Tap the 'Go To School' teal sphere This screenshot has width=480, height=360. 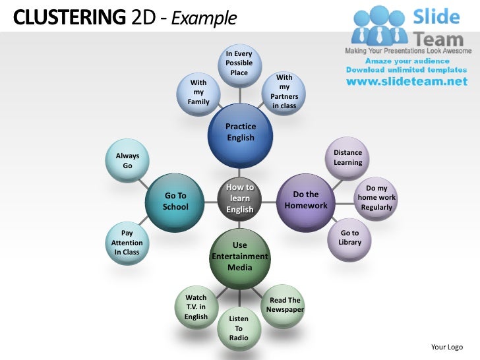coord(176,200)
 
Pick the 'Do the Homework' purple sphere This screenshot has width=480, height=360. coord(305,200)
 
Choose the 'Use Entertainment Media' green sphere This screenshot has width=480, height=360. coord(240,257)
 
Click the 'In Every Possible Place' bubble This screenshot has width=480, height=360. coord(239,63)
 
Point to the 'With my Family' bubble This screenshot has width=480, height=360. coord(198,94)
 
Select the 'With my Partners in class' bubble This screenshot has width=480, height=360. coord(284,92)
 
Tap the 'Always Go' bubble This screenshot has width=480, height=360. coord(127,161)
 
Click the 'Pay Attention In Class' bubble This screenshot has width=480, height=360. coord(127,243)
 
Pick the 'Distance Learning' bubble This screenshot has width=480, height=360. coord(347,158)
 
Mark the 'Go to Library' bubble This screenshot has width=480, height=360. coord(349,238)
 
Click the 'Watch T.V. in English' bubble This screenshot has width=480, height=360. coord(196,307)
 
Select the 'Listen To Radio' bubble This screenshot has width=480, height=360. coord(239,328)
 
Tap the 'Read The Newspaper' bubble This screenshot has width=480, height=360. coord(285,305)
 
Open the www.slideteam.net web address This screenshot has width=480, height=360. coord(406,82)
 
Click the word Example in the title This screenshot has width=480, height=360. coord(204,18)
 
